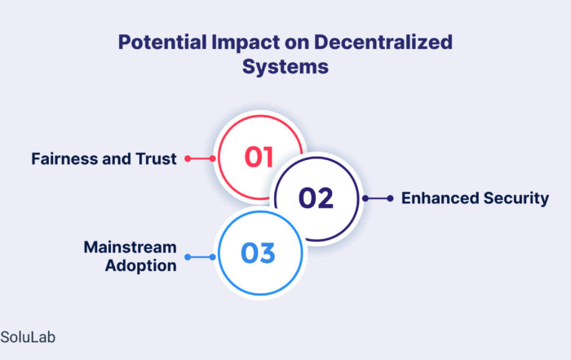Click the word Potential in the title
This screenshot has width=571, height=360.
[x=162, y=42]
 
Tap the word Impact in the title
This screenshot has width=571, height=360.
[x=246, y=42]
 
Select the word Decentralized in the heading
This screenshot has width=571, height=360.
[x=383, y=42]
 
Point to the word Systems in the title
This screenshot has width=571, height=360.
[x=285, y=67]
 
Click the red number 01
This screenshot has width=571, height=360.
[x=259, y=157]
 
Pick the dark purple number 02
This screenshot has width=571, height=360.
[x=316, y=198]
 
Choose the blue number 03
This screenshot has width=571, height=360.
[x=258, y=253]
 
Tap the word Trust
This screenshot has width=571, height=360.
[x=157, y=159]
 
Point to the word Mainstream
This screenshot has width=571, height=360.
[x=130, y=247]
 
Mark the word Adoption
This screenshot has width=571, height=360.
[x=141, y=266]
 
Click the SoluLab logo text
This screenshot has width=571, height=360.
[x=28, y=337]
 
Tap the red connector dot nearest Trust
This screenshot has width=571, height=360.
[x=188, y=158]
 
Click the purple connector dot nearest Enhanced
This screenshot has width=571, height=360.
[x=390, y=198]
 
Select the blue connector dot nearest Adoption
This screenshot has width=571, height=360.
[x=188, y=257]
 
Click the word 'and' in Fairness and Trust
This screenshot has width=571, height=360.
[x=117, y=159]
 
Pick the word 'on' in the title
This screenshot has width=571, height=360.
[x=297, y=42]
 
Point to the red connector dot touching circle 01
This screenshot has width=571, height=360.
[x=212, y=158]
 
